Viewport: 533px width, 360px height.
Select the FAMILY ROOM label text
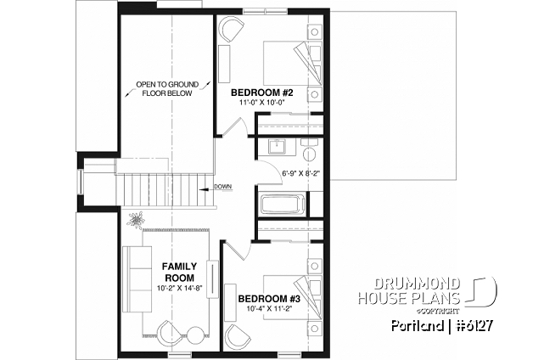coord(178,272)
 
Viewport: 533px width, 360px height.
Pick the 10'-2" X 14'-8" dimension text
coord(178,288)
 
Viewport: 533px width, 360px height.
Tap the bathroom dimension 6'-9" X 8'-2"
coord(300,175)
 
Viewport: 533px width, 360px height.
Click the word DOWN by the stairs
coord(223,188)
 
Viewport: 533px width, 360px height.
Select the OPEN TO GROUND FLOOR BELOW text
coord(167,89)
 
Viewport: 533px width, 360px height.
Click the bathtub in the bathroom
coord(281,205)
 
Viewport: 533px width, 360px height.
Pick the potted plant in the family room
coord(136,222)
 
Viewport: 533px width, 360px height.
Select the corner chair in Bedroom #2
coord(230,30)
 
